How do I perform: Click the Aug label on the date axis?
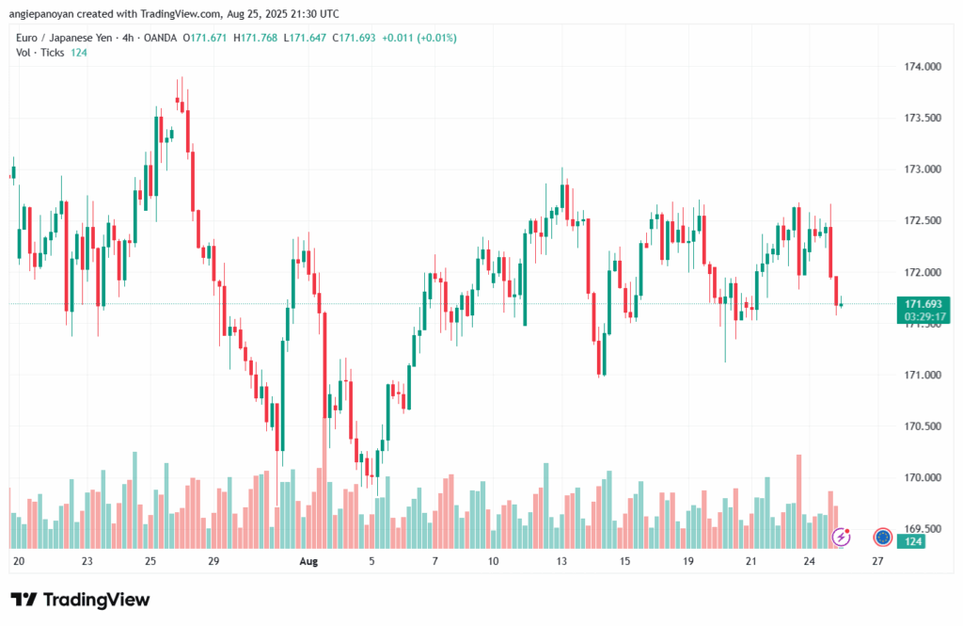(x=308, y=561)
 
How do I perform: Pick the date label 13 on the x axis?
(x=562, y=561)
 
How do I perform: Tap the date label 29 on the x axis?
(x=213, y=561)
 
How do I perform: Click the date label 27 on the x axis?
(x=877, y=561)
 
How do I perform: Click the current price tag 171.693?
(x=923, y=304)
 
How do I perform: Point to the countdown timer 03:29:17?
(x=923, y=317)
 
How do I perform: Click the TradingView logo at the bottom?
(x=80, y=600)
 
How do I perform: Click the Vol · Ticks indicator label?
(x=40, y=52)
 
